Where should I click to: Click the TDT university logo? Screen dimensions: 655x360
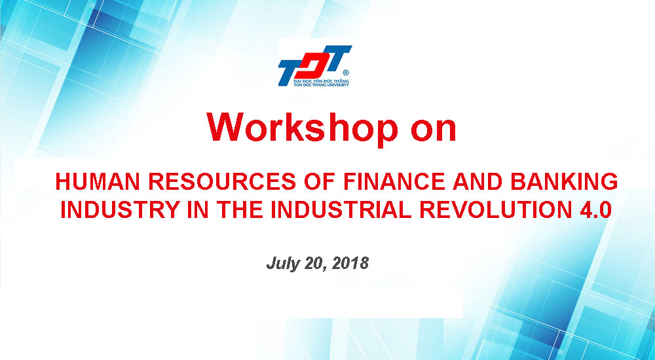click(x=314, y=66)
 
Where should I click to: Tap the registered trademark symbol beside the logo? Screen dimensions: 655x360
click(x=345, y=73)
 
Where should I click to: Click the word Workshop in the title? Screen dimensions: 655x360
click(x=303, y=128)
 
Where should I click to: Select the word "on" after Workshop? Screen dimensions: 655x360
click(x=433, y=130)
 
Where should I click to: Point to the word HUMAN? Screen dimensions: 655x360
click(x=98, y=182)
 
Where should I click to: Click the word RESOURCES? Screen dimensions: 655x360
click(x=222, y=182)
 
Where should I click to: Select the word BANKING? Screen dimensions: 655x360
click(x=565, y=182)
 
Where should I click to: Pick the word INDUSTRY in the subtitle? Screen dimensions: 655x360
click(x=121, y=209)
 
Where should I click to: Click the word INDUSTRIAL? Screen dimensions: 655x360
click(x=341, y=209)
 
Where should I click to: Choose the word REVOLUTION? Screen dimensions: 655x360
click(x=496, y=209)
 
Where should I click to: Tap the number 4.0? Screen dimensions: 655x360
click(x=595, y=209)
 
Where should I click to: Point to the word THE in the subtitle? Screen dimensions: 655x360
click(x=240, y=209)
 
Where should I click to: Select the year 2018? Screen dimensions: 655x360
click(x=352, y=264)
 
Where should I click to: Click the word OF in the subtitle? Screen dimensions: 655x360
click(x=320, y=182)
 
